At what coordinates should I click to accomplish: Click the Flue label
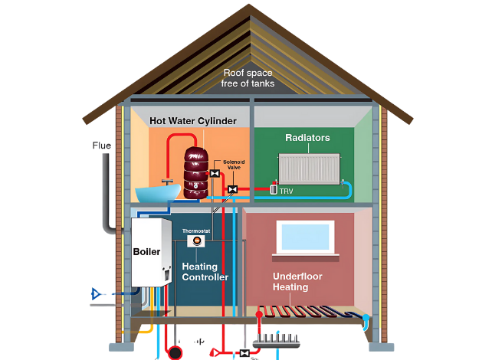pyautogui.click(x=101, y=146)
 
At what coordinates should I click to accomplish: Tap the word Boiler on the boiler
pyautogui.click(x=146, y=251)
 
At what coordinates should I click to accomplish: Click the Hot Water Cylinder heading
pyautogui.click(x=193, y=120)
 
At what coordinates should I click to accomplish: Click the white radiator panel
pyautogui.click(x=309, y=169)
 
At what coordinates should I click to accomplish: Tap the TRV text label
pyautogui.click(x=287, y=190)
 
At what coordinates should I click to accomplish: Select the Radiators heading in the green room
pyautogui.click(x=307, y=138)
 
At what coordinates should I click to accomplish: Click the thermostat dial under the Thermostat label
pyautogui.click(x=196, y=241)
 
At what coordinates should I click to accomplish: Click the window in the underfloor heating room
pyautogui.click(x=306, y=237)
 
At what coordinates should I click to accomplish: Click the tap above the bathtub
pyautogui.click(x=166, y=178)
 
